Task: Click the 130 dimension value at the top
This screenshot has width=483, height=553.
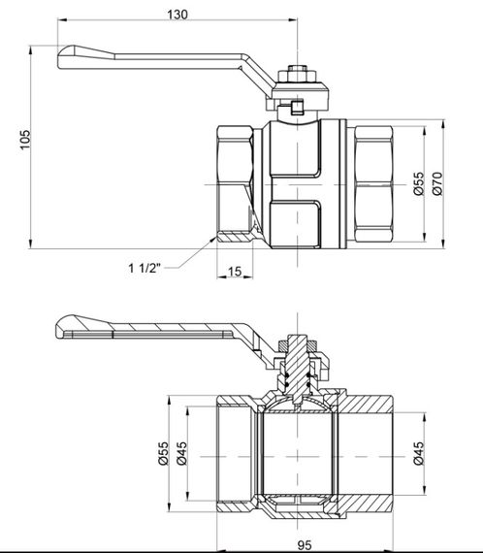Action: [177, 14]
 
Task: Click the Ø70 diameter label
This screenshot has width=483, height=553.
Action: [437, 184]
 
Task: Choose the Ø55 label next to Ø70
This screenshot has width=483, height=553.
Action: [418, 184]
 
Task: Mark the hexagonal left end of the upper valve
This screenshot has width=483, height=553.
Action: [233, 184]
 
